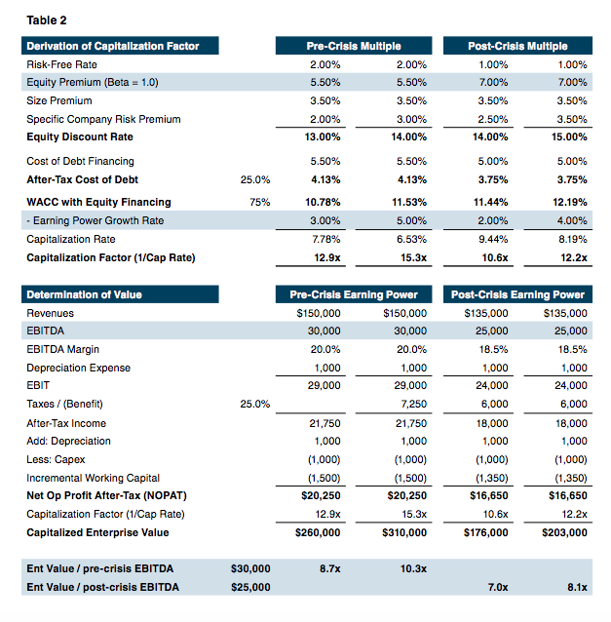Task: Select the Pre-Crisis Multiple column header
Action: pyautogui.click(x=354, y=46)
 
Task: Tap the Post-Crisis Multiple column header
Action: pyautogui.click(x=517, y=46)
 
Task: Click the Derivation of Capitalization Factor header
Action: pyautogui.click(x=113, y=46)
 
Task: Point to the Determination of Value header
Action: pyautogui.click(x=84, y=294)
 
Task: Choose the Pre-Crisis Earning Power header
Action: pyautogui.click(x=354, y=294)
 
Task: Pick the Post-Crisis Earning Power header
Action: pyautogui.click(x=517, y=294)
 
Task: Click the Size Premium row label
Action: pyautogui.click(x=59, y=100)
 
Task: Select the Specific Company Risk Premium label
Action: pyautogui.click(x=103, y=119)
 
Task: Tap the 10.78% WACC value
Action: pyautogui.click(x=325, y=202)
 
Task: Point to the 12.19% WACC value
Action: pyautogui.click(x=570, y=202)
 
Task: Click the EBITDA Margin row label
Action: pyautogui.click(x=62, y=349)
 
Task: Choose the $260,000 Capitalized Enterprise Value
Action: pyautogui.click(x=318, y=532)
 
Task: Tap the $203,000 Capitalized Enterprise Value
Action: pyautogui.click(x=564, y=532)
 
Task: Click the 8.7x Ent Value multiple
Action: pyautogui.click(x=329, y=567)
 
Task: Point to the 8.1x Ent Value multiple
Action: pyautogui.click(x=576, y=586)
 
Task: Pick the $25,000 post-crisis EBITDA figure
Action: pyautogui.click(x=250, y=586)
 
